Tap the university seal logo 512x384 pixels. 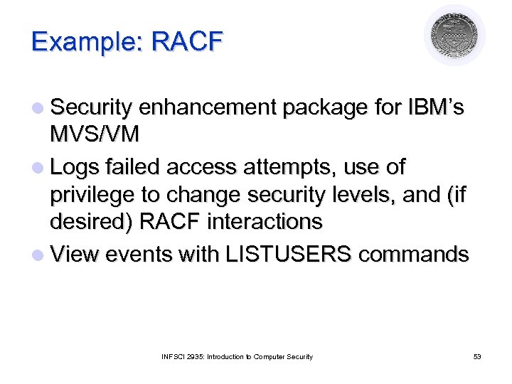[x=454, y=36]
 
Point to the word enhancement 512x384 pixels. [x=208, y=108]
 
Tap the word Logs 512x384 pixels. [x=77, y=167]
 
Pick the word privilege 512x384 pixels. [x=93, y=195]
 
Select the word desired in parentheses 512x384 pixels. [x=92, y=222]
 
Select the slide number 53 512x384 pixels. [x=477, y=356]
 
